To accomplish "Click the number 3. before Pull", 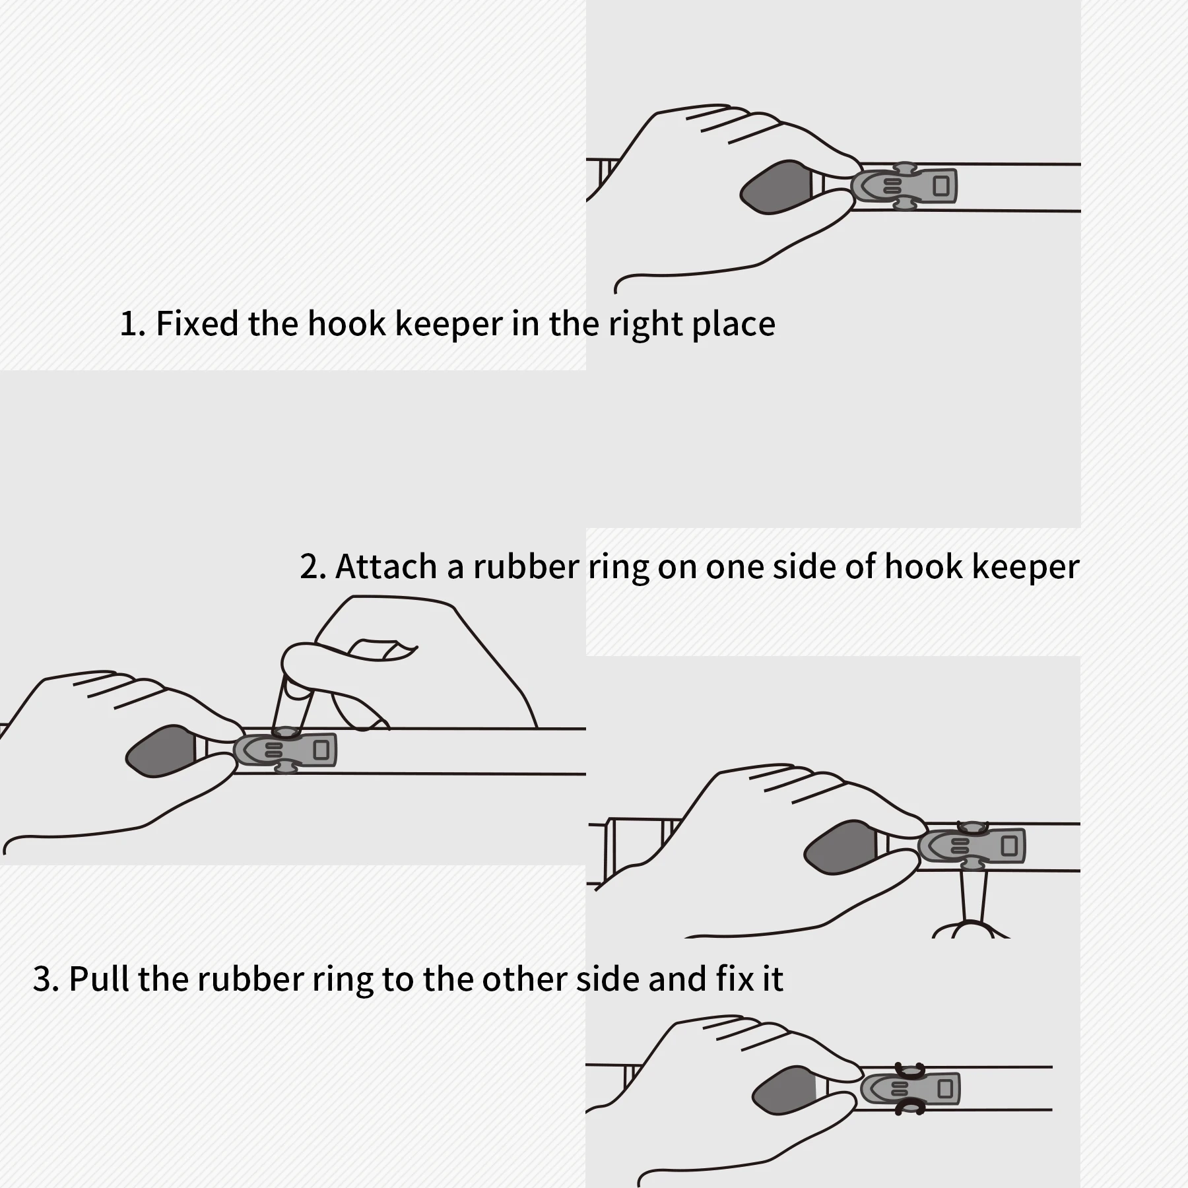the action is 46,979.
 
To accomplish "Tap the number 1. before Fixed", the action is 132,324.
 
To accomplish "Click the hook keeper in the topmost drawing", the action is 904,186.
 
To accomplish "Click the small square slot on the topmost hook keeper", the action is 940,186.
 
